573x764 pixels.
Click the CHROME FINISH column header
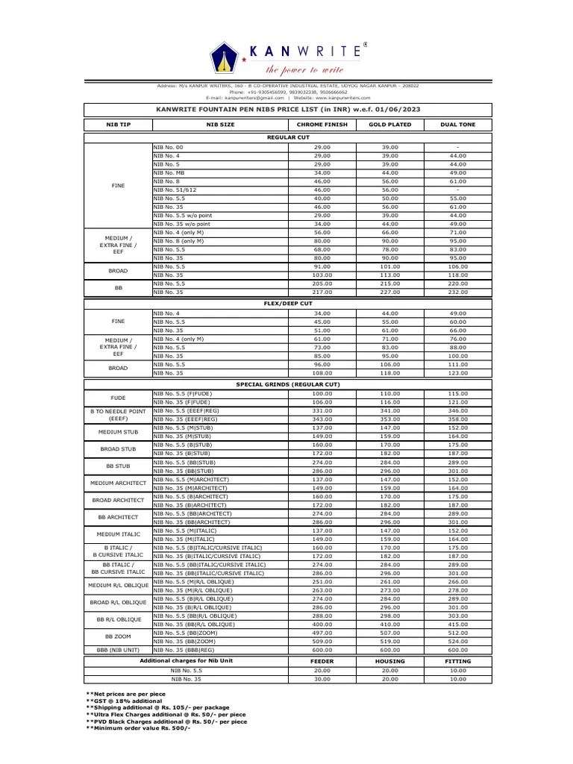322,125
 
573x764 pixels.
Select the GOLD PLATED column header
390,125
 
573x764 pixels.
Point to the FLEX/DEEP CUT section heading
288,304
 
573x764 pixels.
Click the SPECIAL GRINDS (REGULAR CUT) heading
288,383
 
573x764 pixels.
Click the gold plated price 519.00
390,641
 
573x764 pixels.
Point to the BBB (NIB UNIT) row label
118,650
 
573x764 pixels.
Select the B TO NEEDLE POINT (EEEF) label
118,414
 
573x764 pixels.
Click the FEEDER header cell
322,661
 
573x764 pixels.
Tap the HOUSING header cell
390,661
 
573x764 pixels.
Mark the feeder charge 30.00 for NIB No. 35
322,679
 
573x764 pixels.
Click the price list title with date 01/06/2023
288,109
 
